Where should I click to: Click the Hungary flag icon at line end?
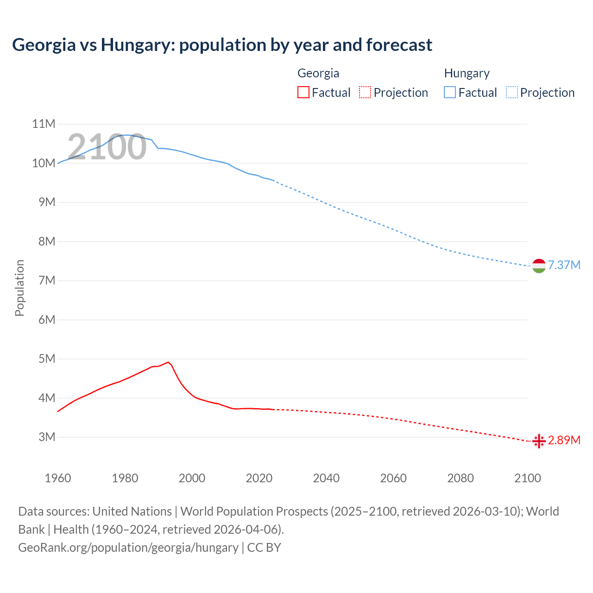(x=539, y=266)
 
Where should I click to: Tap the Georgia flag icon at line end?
(x=539, y=441)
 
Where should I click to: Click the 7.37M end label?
(x=564, y=265)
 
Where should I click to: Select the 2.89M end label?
(x=564, y=440)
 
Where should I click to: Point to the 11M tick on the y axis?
(x=44, y=124)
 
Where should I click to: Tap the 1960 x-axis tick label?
(x=58, y=478)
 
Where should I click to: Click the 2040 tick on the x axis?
(x=326, y=478)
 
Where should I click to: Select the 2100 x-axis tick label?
(x=527, y=478)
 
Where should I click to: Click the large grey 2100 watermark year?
(x=107, y=147)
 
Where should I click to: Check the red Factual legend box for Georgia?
(x=303, y=92)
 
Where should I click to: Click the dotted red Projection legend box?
(x=365, y=92)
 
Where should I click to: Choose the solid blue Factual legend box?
(x=450, y=92)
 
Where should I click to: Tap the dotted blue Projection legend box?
(x=512, y=92)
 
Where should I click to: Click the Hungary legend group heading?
(x=467, y=73)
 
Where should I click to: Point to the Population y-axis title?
(x=19, y=288)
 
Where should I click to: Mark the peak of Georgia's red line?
(x=168, y=362)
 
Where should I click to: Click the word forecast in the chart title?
(x=399, y=45)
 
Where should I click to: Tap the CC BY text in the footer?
(x=264, y=547)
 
